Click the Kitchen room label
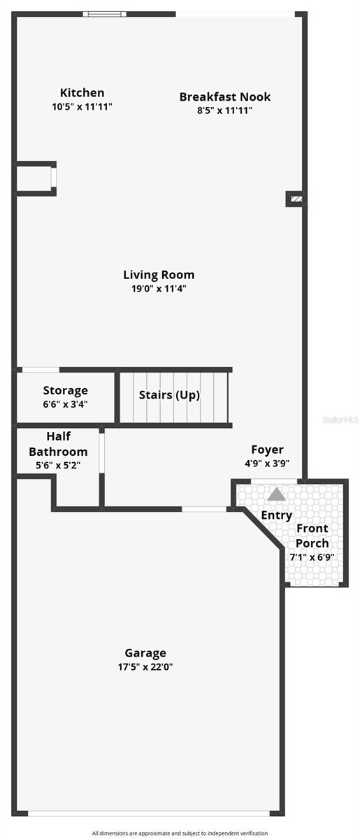point(82,92)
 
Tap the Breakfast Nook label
point(225,96)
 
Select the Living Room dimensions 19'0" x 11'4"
point(159,288)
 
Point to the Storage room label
point(66,390)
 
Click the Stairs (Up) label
point(169,395)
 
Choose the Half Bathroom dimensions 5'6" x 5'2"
point(58,465)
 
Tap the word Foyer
point(268,450)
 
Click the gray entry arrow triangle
point(277,494)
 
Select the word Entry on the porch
point(277,515)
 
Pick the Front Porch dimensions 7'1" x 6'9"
point(312,557)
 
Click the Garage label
point(145,653)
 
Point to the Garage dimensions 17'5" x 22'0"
point(145,667)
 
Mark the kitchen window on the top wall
point(105,13)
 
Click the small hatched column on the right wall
point(295,199)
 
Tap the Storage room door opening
point(41,369)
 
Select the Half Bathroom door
point(101,453)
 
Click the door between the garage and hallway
point(204,508)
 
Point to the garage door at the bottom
point(149,812)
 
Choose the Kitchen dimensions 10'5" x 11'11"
point(82,106)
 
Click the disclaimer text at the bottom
point(180,833)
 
